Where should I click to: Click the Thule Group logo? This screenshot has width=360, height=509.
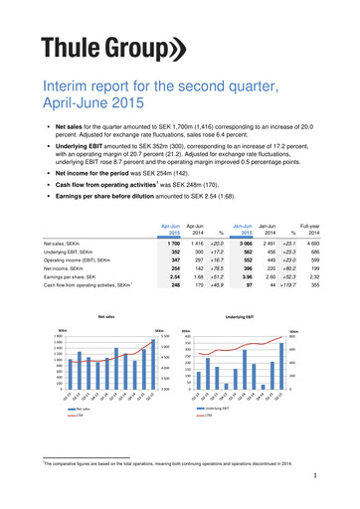99,48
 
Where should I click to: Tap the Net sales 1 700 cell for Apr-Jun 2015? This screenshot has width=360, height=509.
174,215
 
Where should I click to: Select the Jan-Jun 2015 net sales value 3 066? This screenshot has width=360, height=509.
240,215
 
